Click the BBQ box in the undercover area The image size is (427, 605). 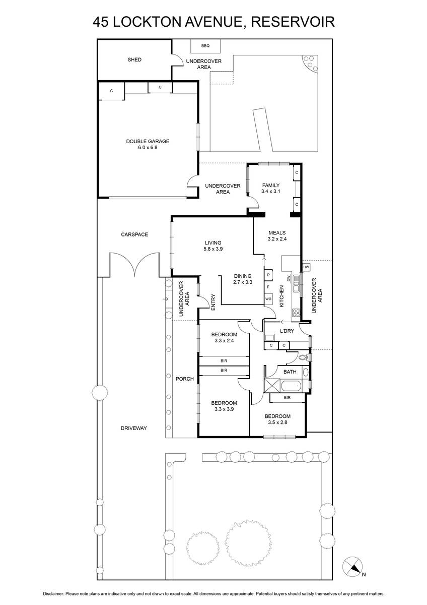pos(204,46)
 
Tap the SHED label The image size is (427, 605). pos(134,59)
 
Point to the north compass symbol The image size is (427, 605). pos(353,568)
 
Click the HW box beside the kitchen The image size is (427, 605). pos(306,267)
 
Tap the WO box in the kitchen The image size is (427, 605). pos(268,299)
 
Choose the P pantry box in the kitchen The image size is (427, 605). pos(268,275)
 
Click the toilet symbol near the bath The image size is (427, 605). pos(303,357)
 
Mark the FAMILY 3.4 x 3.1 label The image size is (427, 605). pos(270,189)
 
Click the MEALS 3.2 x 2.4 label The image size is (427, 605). pos(276,236)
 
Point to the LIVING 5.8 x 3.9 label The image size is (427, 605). pos(212,246)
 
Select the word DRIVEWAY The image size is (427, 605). pos(133,428)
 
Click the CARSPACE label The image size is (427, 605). pos(134,234)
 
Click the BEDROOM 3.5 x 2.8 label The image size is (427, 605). pos(277,419)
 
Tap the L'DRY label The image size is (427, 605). pos(287,331)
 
